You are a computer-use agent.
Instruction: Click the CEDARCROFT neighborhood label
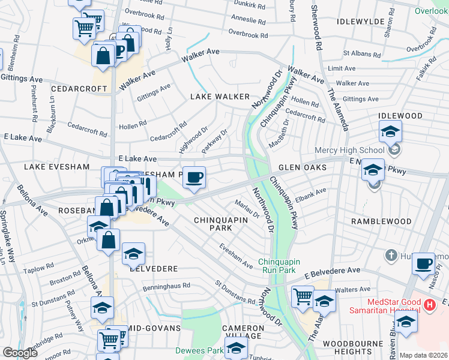(x=79, y=88)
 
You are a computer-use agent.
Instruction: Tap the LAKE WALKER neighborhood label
(x=220, y=97)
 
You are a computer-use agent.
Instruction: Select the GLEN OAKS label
(x=302, y=168)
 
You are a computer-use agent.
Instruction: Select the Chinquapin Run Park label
(x=283, y=266)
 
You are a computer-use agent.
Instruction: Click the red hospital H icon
(x=429, y=305)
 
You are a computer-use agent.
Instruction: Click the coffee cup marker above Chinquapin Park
(x=194, y=178)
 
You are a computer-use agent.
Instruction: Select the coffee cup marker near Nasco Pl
(x=424, y=263)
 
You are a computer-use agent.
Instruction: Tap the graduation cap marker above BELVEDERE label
(x=133, y=254)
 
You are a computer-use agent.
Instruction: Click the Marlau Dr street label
(x=247, y=209)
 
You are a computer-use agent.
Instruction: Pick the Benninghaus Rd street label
(x=166, y=287)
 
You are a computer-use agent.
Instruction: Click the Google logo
(x=20, y=353)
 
